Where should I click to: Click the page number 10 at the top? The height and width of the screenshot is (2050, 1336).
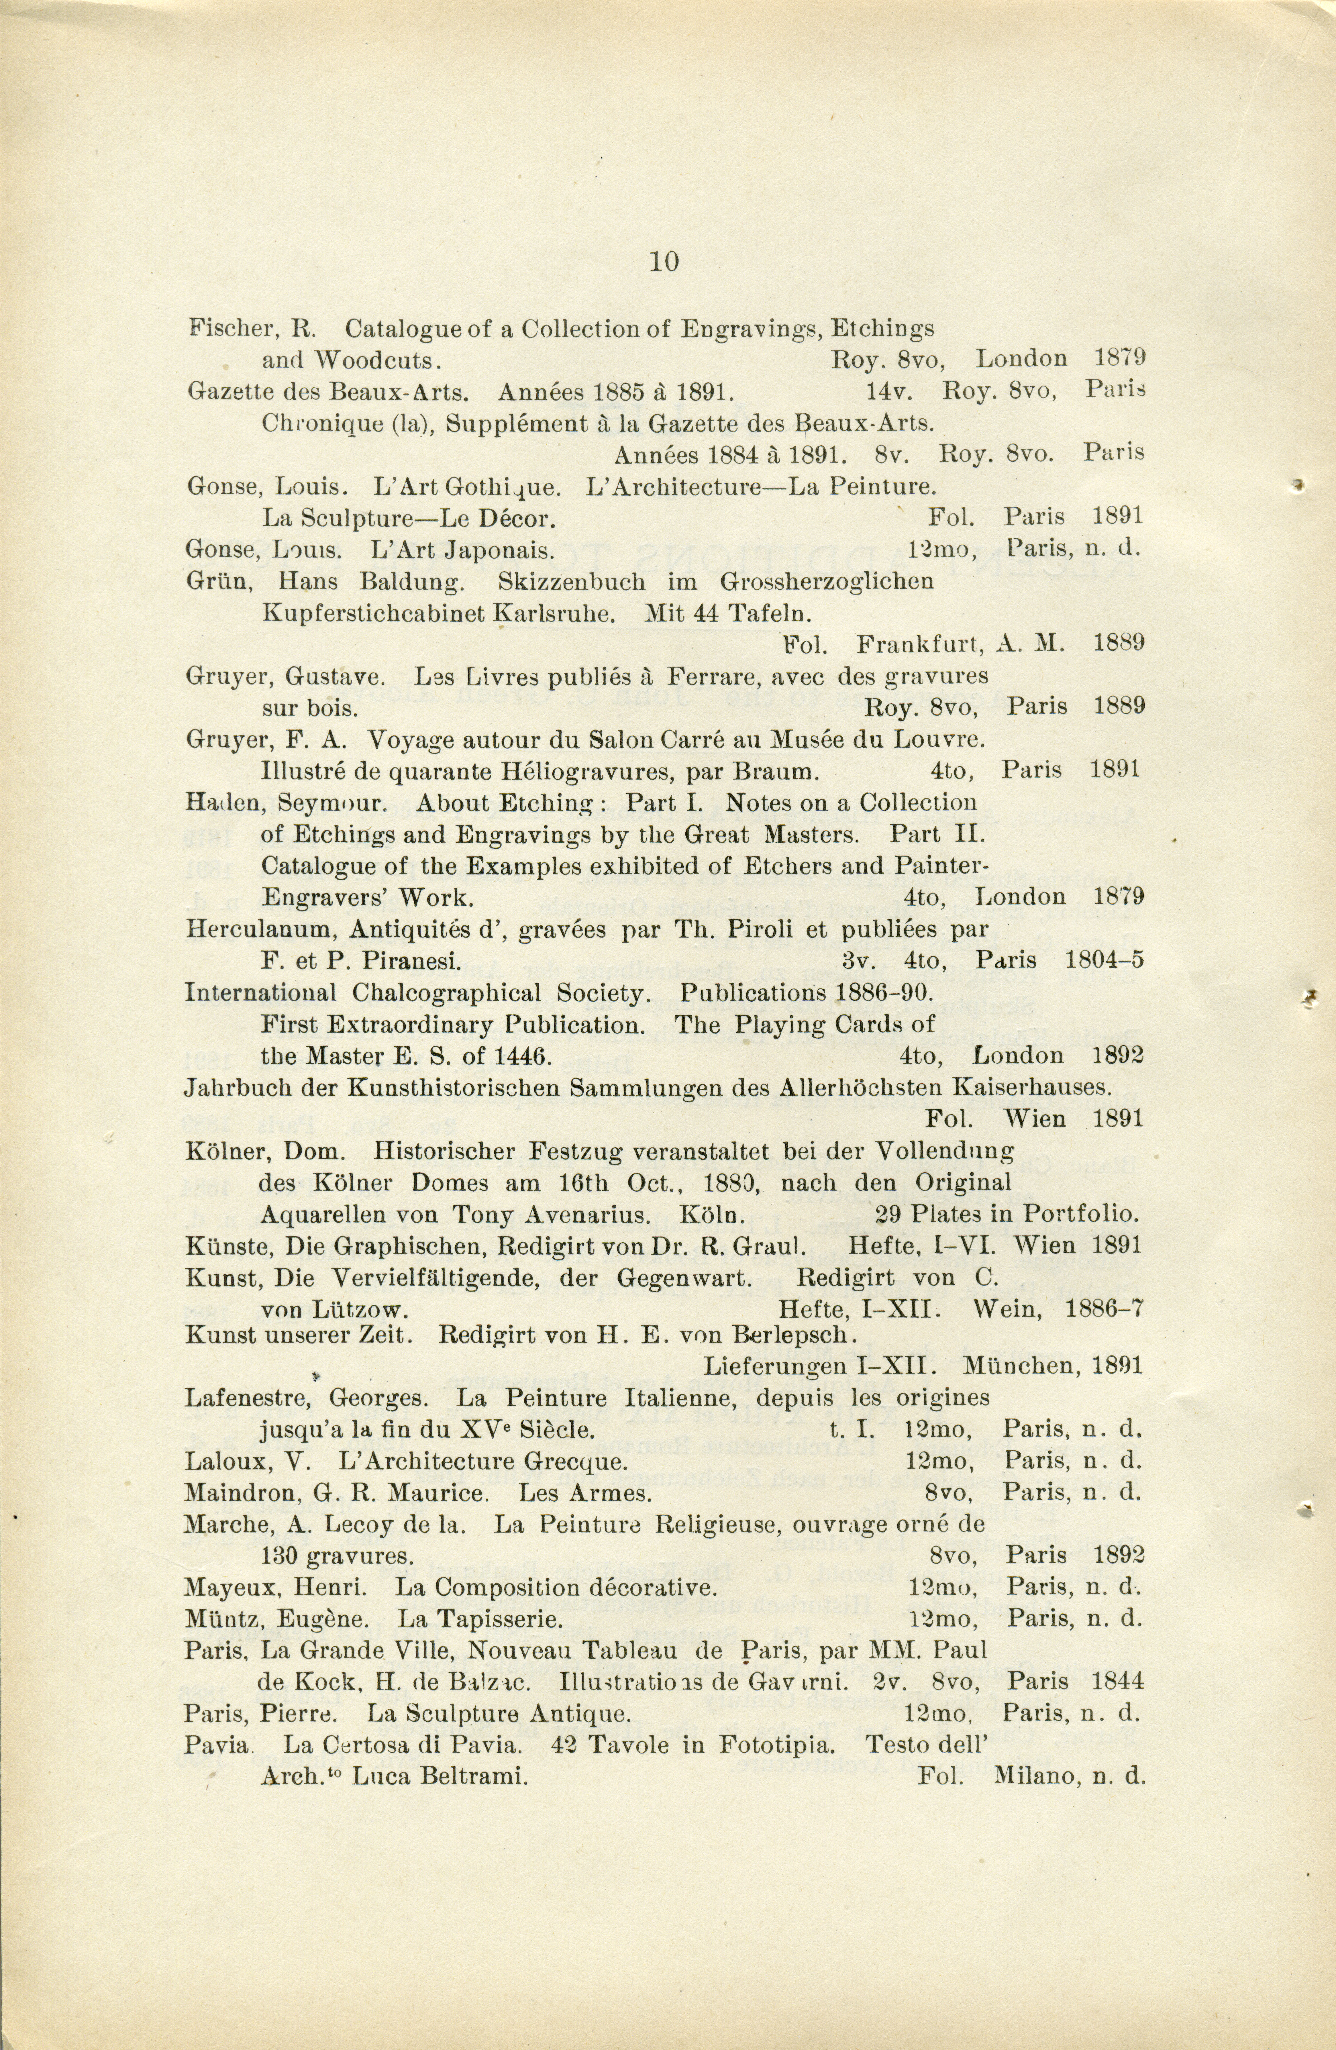click(664, 262)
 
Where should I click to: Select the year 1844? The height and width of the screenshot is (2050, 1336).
click(1116, 1681)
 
